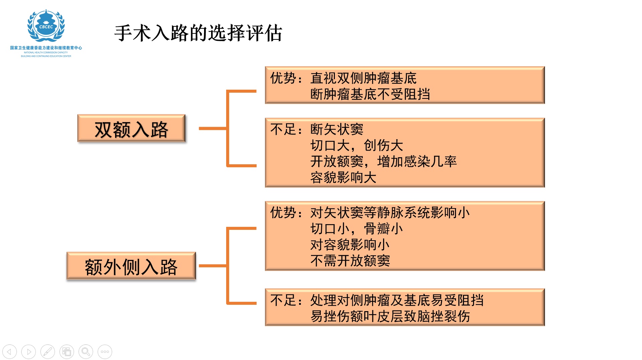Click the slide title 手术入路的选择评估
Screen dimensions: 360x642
click(x=198, y=33)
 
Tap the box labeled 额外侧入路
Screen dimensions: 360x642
click(x=131, y=267)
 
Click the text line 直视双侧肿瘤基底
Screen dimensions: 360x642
click(x=363, y=78)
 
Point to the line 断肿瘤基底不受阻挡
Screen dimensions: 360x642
click(x=370, y=94)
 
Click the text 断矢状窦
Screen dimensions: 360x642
click(x=337, y=129)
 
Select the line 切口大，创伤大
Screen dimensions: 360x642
click(x=357, y=146)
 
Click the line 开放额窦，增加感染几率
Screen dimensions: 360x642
click(x=383, y=162)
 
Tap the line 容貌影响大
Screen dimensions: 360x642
click(x=343, y=178)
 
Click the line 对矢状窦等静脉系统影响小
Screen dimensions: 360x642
click(x=390, y=213)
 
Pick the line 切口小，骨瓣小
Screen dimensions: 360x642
click(x=357, y=229)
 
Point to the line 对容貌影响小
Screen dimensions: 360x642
click(x=350, y=245)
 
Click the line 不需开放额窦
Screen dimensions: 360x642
click(x=350, y=261)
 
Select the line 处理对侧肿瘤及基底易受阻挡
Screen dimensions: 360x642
click(x=397, y=300)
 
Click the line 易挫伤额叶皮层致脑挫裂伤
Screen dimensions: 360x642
click(x=390, y=317)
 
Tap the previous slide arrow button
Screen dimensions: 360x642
click(x=9, y=352)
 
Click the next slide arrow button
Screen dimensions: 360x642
click(x=28, y=352)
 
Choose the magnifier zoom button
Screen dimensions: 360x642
click(x=86, y=352)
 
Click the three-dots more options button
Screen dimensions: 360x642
click(x=105, y=352)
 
